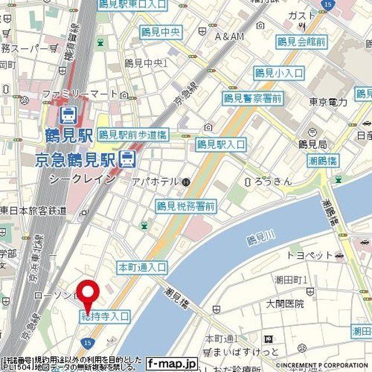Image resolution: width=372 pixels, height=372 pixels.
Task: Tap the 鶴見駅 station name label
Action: coord(69,137)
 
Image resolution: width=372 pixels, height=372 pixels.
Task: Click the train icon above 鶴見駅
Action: coord(69,114)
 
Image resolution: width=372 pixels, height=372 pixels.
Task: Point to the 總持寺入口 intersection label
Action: coord(105,317)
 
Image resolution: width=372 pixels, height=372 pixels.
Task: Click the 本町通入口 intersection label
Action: coord(142,268)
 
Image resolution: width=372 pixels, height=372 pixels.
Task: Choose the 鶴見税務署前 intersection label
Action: coord(186,206)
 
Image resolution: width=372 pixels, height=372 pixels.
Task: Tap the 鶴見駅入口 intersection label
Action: coord(221,144)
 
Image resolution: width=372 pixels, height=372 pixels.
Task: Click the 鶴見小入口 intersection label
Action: coord(279,73)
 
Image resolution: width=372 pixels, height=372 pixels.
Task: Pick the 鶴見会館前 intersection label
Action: coord(301,41)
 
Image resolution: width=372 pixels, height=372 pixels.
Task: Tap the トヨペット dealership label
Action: coord(310,255)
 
